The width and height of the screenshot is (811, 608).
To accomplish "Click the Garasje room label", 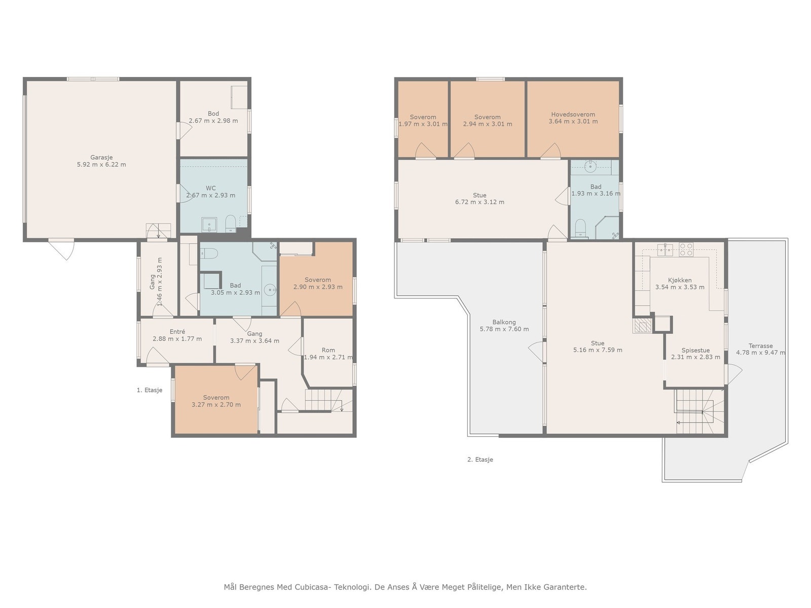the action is tap(101, 158).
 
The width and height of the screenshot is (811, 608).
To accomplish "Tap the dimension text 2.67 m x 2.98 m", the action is tap(213, 121).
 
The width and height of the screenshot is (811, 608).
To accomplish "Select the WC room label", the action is tap(210, 188).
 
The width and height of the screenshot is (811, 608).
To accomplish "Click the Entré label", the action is tap(177, 332).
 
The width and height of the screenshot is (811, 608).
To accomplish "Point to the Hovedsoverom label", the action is tap(573, 115).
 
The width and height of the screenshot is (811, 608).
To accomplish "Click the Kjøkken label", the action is tap(680, 280).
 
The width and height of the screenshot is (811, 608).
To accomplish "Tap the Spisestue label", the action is tap(696, 350).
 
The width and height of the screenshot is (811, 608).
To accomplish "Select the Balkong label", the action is tap(504, 322).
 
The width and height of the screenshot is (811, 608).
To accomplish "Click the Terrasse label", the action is tap(761, 346).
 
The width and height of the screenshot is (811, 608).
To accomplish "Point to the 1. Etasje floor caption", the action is tap(149, 390).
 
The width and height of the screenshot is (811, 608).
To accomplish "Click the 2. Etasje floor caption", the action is tap(480, 460).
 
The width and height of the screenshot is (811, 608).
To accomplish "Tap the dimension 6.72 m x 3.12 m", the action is tap(480, 202).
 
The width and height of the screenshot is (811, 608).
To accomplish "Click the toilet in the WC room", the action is tap(231, 223).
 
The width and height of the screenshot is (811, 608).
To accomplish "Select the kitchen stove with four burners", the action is tap(686, 249).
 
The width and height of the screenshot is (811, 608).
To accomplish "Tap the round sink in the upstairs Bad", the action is tap(591, 166).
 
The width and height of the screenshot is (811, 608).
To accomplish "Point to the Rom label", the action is tap(328, 350).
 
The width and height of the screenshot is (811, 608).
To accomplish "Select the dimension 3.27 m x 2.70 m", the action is tap(216, 405).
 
